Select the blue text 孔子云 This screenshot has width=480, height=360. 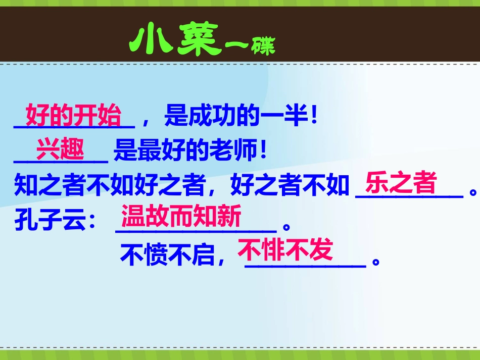(x=48, y=221)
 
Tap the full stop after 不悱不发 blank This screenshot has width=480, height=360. (x=375, y=262)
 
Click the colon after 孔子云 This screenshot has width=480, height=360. (x=91, y=222)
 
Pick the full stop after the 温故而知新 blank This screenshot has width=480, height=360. (x=287, y=227)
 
